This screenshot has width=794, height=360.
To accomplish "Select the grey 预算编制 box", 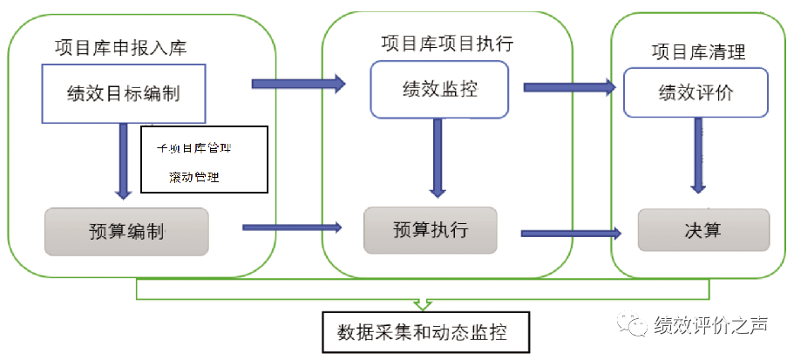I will tap(126, 231).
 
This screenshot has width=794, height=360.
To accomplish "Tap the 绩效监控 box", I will tap(439, 89).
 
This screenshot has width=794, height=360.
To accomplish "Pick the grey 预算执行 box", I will tap(431, 230).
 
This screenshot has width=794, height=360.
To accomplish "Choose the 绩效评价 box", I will tap(696, 92).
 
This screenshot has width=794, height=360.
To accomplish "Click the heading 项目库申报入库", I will tap(120, 47).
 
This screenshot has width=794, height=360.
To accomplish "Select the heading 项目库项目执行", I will tap(446, 43).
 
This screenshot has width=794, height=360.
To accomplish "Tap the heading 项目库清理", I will tap(698, 52).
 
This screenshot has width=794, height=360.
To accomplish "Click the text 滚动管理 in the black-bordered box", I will tap(194, 177).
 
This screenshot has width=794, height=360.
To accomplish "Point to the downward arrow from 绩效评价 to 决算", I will tap(698, 155).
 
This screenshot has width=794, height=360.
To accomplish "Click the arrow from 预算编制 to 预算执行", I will tap(291, 228).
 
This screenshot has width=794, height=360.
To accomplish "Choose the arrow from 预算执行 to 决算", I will tap(571, 233).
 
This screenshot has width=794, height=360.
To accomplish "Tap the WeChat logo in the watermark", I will tap(634, 326).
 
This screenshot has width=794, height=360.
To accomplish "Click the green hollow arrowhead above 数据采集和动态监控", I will tap(422, 302).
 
